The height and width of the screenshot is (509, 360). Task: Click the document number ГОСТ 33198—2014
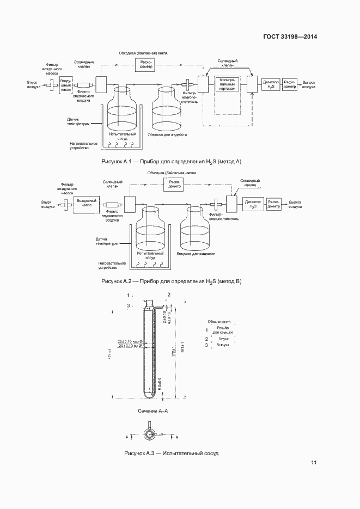[x=289, y=36]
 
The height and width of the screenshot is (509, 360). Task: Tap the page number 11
[x=314, y=463]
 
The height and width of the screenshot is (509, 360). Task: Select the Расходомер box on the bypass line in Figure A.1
[x=146, y=64]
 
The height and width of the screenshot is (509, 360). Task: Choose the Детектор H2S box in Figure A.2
[x=253, y=204]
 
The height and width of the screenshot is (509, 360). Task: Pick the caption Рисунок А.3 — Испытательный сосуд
[x=171, y=453]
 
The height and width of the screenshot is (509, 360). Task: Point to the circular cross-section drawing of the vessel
[x=149, y=434]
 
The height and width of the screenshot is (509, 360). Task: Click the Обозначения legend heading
[x=219, y=322]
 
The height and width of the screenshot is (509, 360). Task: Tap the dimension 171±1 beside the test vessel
[x=111, y=354]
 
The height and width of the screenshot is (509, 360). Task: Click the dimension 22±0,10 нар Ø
[x=130, y=341]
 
